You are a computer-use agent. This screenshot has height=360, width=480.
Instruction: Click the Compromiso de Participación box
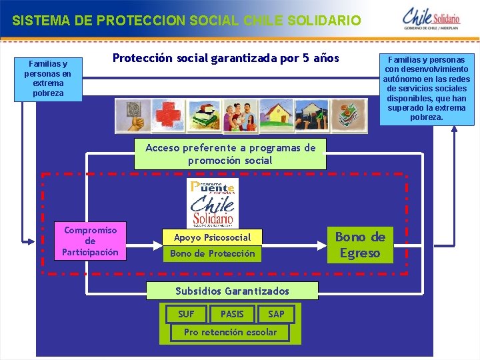point(90,241)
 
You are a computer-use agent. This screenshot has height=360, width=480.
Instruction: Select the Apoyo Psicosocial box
point(212,237)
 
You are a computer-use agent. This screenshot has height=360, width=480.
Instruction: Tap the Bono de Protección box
point(212,253)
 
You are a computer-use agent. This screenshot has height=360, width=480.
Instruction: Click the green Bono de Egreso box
point(360,245)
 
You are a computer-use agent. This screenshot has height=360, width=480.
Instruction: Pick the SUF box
point(187,314)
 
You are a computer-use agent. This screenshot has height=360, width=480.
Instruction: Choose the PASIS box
point(232,314)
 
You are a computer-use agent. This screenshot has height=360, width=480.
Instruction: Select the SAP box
point(276,314)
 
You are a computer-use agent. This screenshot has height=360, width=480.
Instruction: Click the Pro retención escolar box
point(230,332)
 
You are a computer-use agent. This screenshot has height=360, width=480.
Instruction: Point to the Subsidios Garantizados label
point(232,291)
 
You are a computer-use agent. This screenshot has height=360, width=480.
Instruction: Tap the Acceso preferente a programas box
point(230,154)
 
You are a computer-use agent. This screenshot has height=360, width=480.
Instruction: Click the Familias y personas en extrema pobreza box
point(48,79)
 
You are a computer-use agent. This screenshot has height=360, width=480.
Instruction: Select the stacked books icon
point(203,116)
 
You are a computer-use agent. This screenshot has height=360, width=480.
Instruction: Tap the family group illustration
point(240,116)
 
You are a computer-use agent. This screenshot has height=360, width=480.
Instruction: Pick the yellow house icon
point(276,116)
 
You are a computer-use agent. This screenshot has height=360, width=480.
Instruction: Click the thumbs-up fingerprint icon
point(132,116)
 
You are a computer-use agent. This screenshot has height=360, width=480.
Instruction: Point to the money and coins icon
point(348,116)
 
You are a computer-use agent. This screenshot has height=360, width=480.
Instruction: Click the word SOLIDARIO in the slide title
point(325,21)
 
